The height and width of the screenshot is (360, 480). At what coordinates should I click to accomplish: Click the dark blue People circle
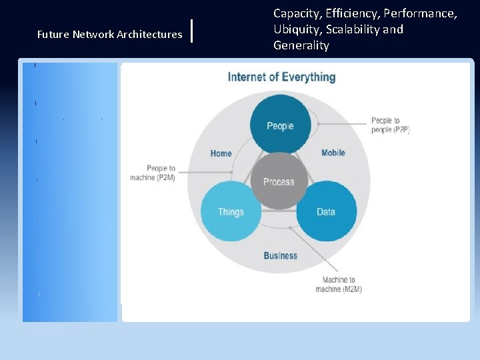(280, 125)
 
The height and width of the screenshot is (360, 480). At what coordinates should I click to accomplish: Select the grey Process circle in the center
(279, 181)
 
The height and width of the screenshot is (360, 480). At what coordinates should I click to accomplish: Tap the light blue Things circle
(231, 211)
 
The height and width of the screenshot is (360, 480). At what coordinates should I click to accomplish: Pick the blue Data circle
(326, 211)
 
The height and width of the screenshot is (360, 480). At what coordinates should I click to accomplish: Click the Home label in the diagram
(221, 153)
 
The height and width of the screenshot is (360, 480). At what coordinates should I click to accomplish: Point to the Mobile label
(333, 153)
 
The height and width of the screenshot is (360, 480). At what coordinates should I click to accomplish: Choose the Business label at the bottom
(280, 255)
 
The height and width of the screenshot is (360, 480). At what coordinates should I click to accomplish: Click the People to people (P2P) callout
(390, 125)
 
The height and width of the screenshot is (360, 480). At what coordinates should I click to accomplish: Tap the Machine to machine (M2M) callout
(339, 285)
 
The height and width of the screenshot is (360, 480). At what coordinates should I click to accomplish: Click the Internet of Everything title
(281, 77)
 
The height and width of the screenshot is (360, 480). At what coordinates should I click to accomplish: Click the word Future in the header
(51, 34)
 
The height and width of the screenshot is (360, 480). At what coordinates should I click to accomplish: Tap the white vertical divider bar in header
(192, 31)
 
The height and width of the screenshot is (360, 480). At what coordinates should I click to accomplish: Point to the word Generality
(301, 45)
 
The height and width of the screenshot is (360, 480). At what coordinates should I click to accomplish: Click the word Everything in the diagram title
(306, 77)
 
